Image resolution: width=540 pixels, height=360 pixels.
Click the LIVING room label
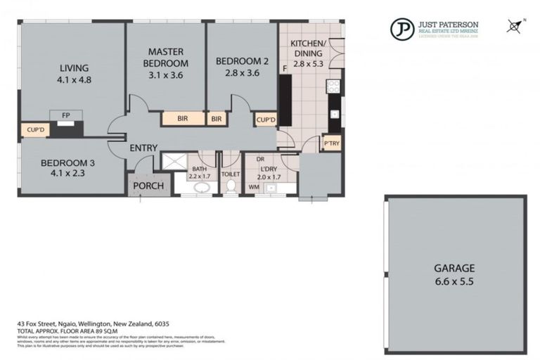[74, 68]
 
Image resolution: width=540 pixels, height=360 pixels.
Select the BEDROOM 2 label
[241, 60]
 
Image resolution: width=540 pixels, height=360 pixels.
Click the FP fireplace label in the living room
[66, 115]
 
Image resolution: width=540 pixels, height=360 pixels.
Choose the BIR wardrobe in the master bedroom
[182, 119]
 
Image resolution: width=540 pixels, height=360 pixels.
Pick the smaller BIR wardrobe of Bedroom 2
[217, 119]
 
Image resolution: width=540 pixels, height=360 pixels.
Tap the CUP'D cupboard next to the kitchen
[265, 120]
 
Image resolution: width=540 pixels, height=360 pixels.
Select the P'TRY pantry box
[331, 144]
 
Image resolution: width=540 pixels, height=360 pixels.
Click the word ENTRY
[143, 148]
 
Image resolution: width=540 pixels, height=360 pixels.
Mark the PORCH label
[148, 186]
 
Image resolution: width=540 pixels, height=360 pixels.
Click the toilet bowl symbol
[230, 185]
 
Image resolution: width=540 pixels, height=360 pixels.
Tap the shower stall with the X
[172, 161]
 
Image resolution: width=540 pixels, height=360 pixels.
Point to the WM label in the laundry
[253, 187]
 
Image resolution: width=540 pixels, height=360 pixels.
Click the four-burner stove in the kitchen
[333, 86]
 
